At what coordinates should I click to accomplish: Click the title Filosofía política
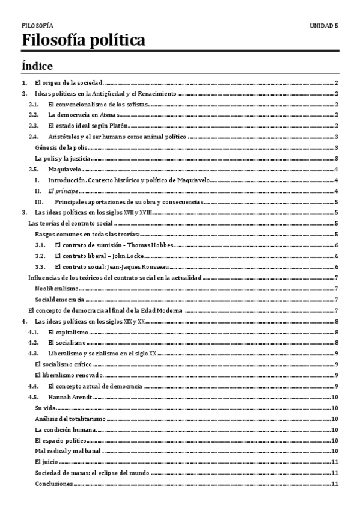pos(83,41)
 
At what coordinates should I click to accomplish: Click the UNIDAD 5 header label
pos(323,26)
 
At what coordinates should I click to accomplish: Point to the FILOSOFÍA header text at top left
pos(37,26)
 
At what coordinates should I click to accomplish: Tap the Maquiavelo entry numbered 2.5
pos(66,170)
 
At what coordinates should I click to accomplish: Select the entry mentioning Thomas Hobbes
pos(105,245)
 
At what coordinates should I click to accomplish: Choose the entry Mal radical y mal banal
pos(67,451)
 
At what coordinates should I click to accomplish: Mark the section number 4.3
pos(34,354)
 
